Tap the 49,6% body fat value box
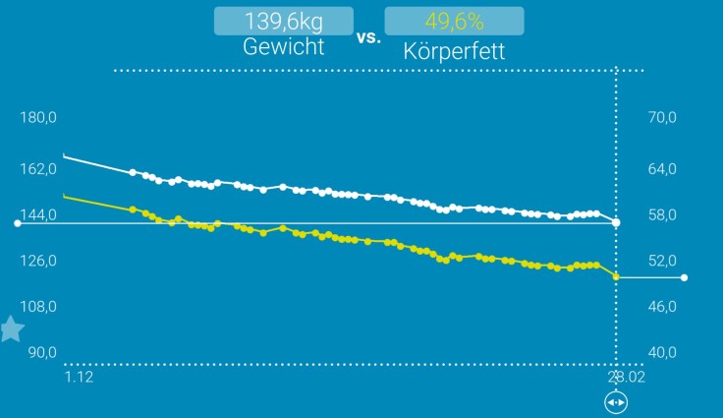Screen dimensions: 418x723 pyautogui.click(x=454, y=21)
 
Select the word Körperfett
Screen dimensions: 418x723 pyautogui.click(x=454, y=50)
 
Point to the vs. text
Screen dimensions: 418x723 pyautogui.click(x=368, y=37)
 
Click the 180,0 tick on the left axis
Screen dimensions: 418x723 pyautogui.click(x=39, y=118)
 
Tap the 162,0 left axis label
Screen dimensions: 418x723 pyautogui.click(x=39, y=169)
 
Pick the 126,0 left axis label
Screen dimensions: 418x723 pyautogui.click(x=39, y=261)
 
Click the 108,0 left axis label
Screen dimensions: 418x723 pyautogui.click(x=39, y=306)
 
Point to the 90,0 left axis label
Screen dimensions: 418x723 pyautogui.click(x=42, y=352)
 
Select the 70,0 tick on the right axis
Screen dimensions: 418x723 pyautogui.click(x=663, y=118)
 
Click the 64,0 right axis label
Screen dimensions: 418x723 pyautogui.click(x=663, y=169)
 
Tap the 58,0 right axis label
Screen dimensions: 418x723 pyautogui.click(x=663, y=215)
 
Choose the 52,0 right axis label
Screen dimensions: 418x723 pyautogui.click(x=663, y=261)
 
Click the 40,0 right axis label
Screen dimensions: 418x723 pyautogui.click(x=663, y=352)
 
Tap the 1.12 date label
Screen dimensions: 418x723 pyautogui.click(x=79, y=377)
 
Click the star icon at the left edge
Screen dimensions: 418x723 pyautogui.click(x=11, y=328)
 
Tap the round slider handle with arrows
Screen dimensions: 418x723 pyautogui.click(x=616, y=402)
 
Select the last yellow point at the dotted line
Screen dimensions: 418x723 pyautogui.click(x=616, y=276)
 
